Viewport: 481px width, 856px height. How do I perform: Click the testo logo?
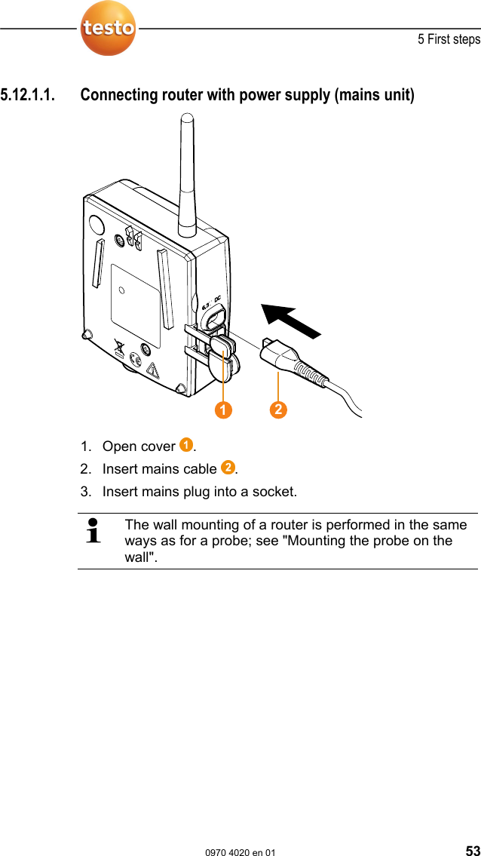pos(109,29)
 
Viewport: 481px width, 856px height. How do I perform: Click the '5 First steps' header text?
pos(449,39)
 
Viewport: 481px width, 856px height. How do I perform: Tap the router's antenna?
pos(187,173)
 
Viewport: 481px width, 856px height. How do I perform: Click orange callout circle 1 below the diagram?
pos(222,410)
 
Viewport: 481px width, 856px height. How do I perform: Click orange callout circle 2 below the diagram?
pos(278,410)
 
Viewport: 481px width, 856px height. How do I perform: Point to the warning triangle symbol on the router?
pos(153,370)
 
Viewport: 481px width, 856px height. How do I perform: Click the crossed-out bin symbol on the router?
pos(118,350)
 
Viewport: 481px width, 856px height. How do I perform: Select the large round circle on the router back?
pos(96,225)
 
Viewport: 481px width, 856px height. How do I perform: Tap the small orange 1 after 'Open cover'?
pos(185,445)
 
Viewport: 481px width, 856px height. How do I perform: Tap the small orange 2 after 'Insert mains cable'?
pos(227,468)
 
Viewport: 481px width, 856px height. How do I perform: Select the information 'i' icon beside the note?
pos(94,530)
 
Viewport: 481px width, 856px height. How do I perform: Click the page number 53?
pos(472,851)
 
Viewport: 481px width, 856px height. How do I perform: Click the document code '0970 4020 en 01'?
pos(240,851)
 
